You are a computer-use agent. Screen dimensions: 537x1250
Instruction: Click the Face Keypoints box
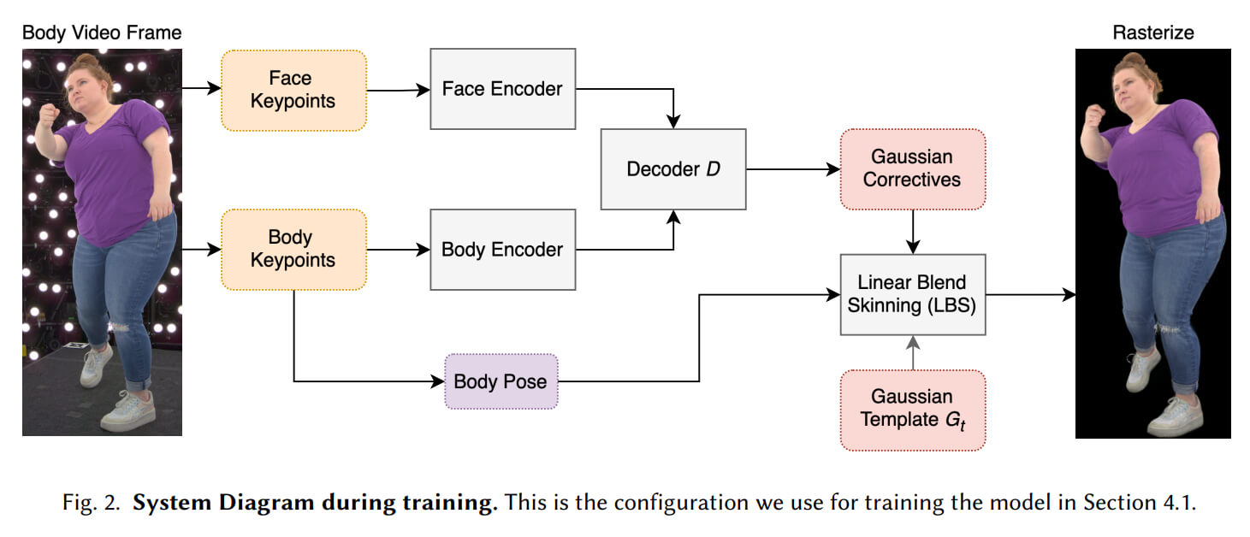click(x=293, y=90)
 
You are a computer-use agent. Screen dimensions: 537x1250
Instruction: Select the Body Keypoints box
click(x=293, y=249)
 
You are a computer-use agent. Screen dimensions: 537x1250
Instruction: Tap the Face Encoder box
click(x=502, y=88)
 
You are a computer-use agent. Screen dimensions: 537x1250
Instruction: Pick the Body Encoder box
click(x=502, y=250)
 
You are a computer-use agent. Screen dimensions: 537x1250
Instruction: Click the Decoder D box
click(x=673, y=169)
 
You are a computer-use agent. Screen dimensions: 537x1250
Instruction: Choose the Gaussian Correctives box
click(x=912, y=168)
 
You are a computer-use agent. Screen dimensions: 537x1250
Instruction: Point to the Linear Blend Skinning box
click(x=912, y=293)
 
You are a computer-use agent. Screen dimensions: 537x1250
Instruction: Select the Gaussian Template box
click(x=912, y=409)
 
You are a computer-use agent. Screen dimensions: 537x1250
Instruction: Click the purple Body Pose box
click(x=501, y=381)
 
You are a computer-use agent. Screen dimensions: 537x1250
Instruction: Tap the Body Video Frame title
click(x=102, y=33)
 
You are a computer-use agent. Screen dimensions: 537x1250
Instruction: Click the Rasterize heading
click(x=1152, y=33)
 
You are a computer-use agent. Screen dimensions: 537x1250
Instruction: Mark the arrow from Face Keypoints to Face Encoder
click(x=398, y=89)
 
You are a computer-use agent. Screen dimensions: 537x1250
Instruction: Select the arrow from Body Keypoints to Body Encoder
click(x=398, y=250)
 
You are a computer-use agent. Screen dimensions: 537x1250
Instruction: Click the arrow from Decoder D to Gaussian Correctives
click(x=793, y=169)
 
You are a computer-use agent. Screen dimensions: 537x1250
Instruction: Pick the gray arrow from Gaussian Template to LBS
click(x=913, y=352)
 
